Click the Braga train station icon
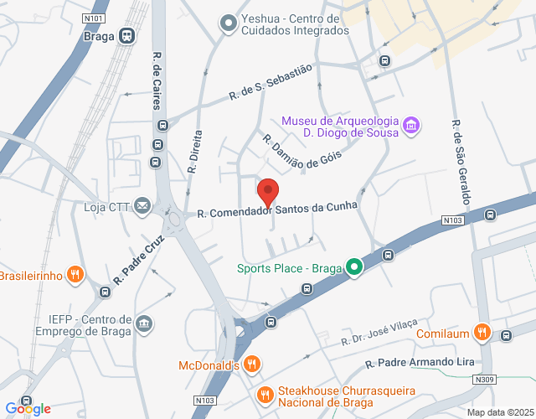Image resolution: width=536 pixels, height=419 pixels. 127,36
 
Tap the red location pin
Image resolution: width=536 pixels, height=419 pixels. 267,192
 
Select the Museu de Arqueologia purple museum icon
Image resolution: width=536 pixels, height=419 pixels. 411,126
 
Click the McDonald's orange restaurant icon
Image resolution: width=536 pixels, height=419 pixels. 252,365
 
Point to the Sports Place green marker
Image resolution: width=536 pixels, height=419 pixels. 354,268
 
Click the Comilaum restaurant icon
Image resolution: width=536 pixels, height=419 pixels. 482,333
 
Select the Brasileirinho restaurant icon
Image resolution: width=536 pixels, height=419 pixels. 75,274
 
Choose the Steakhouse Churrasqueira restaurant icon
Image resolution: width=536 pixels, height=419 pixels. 265,394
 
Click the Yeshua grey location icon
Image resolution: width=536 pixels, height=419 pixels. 226,24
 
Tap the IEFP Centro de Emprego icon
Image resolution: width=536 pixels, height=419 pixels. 144,323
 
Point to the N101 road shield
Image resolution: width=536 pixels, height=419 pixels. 95,17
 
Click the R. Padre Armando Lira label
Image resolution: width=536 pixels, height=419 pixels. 420,364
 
